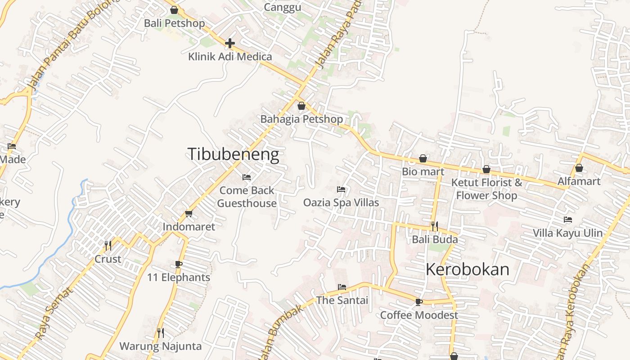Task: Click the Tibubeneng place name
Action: (233, 154)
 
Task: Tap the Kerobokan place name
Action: (467, 270)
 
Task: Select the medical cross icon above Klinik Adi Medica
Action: (230, 43)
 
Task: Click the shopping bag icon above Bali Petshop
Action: (174, 10)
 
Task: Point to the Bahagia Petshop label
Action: (301, 119)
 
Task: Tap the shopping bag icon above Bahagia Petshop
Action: (301, 106)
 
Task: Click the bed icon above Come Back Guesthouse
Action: (247, 177)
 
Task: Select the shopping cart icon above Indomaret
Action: (189, 213)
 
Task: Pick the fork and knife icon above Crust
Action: (108, 246)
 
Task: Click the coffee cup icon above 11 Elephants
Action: (179, 264)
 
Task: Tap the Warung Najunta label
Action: (160, 346)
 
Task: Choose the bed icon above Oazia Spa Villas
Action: (341, 189)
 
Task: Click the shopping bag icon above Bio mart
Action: (423, 158)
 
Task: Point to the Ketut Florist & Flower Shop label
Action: (486, 189)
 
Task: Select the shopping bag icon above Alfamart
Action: (579, 168)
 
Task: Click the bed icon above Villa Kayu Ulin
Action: (568, 220)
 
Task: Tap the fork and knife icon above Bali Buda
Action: (435, 226)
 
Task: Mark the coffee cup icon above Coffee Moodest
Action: (419, 302)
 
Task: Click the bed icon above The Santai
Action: (342, 287)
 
